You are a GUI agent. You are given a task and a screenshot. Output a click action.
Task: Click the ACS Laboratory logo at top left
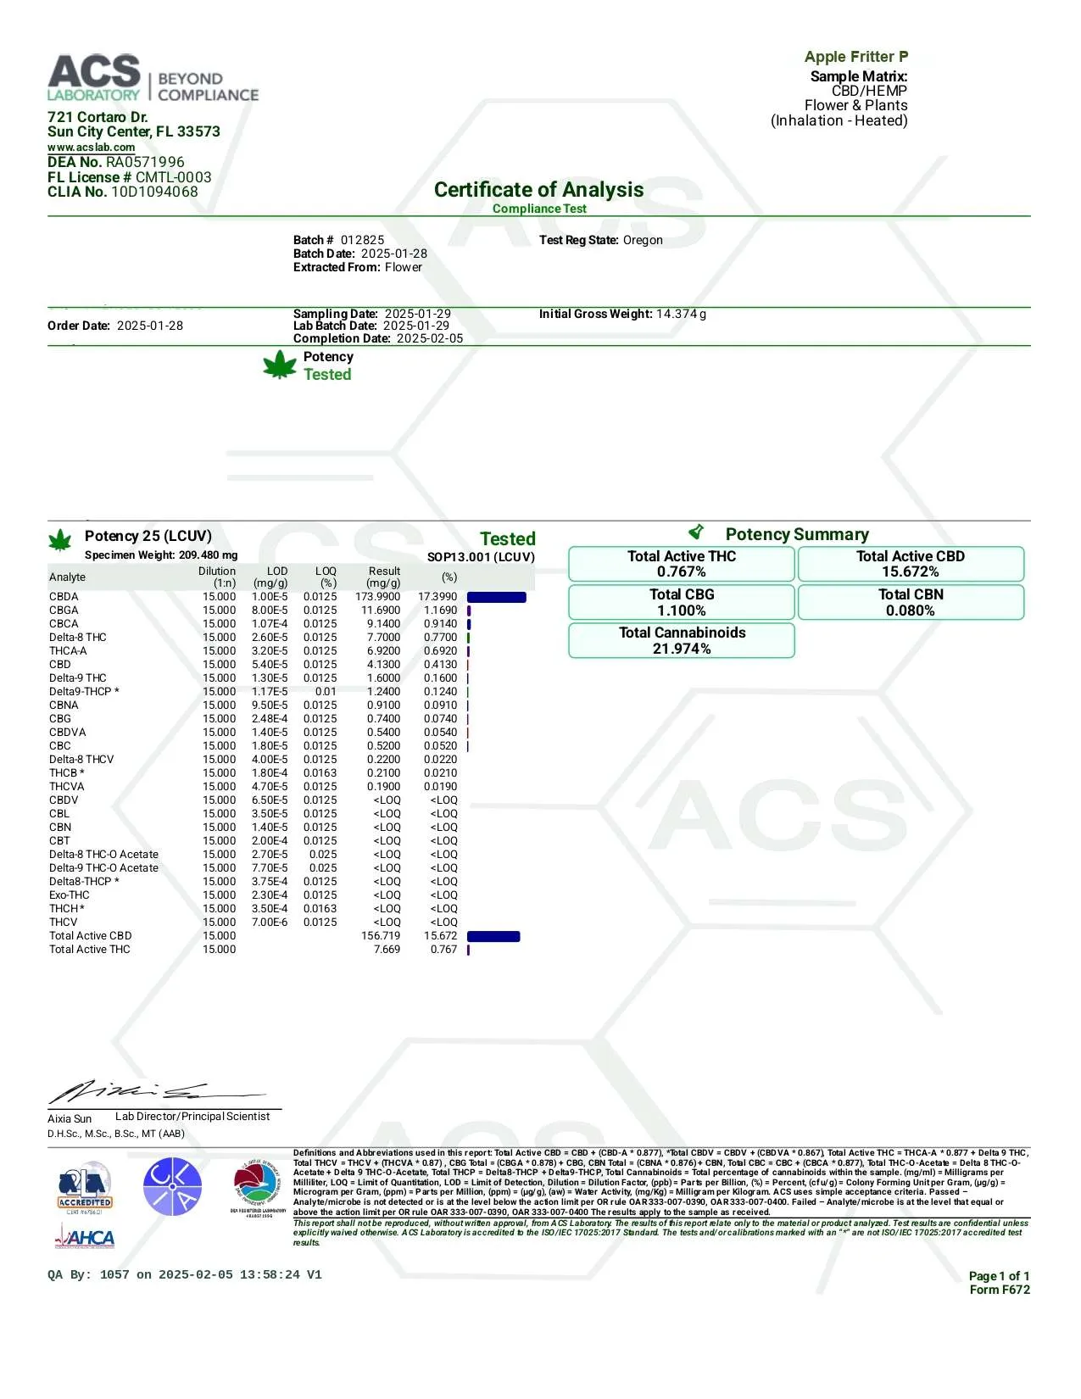[x=153, y=79]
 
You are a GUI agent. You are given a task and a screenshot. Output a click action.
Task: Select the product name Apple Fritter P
[x=855, y=57]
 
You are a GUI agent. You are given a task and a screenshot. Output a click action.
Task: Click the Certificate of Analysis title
[x=538, y=190]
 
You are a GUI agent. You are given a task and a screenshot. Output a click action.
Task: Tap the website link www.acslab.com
[x=91, y=148]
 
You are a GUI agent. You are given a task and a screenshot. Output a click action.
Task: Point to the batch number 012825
[x=362, y=240]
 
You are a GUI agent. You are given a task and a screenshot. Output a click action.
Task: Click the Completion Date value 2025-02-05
[x=430, y=338]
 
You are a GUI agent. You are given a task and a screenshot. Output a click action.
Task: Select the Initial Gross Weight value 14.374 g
[x=681, y=314]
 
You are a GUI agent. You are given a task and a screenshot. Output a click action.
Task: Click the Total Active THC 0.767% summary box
[x=682, y=564]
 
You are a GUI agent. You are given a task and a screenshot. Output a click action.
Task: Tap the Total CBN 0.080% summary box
[x=911, y=602]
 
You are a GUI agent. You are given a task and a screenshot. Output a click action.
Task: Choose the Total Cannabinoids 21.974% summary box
[x=682, y=640]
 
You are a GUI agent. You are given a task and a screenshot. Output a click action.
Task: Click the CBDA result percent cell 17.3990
[x=437, y=597]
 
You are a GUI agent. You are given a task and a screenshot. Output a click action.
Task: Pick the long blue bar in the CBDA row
[x=496, y=597]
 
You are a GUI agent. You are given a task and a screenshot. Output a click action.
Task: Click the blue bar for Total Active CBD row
[x=493, y=936]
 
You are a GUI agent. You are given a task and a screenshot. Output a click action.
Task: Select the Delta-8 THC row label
[x=78, y=638]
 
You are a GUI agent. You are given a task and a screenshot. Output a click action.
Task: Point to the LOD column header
[x=276, y=571]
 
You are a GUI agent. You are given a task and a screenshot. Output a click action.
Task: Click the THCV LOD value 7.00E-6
[x=270, y=922]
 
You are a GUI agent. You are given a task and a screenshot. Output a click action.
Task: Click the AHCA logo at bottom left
[x=85, y=1239]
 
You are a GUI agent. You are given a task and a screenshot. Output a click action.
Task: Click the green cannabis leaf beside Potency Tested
[x=280, y=366]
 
